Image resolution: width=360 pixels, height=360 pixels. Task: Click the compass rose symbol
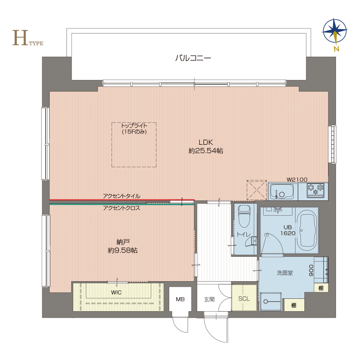[335, 31]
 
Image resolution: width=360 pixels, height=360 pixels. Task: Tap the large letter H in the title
[20, 38]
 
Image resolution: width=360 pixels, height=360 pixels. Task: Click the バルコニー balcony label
[193, 58]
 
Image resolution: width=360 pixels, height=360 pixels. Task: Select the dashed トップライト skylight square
[134, 145]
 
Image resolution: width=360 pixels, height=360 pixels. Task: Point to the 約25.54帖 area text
[206, 151]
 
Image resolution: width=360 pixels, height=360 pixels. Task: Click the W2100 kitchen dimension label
[297, 180]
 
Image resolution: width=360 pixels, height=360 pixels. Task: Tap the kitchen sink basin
[282, 192]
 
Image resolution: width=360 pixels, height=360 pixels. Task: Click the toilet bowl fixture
[244, 216]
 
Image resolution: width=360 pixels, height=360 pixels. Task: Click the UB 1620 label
[288, 230]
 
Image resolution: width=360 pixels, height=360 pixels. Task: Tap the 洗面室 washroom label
[285, 273]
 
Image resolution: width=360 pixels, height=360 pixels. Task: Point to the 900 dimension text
[311, 270]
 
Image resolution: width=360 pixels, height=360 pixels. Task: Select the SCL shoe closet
[244, 298]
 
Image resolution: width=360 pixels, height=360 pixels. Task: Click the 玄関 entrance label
[209, 299]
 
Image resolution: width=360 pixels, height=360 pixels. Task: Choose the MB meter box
[180, 299]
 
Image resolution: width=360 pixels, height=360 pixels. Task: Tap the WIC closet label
[116, 292]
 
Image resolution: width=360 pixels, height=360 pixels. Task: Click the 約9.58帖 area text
[123, 250]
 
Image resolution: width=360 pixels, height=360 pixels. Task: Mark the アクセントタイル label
[122, 196]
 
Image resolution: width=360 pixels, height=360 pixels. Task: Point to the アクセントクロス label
[122, 208]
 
